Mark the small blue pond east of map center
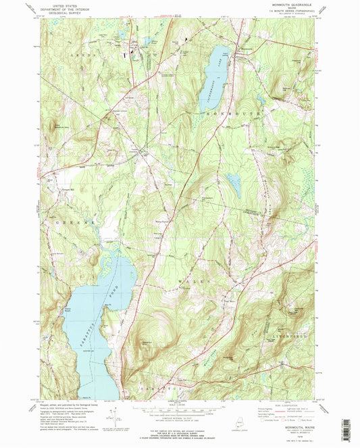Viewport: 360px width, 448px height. [233, 182]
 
